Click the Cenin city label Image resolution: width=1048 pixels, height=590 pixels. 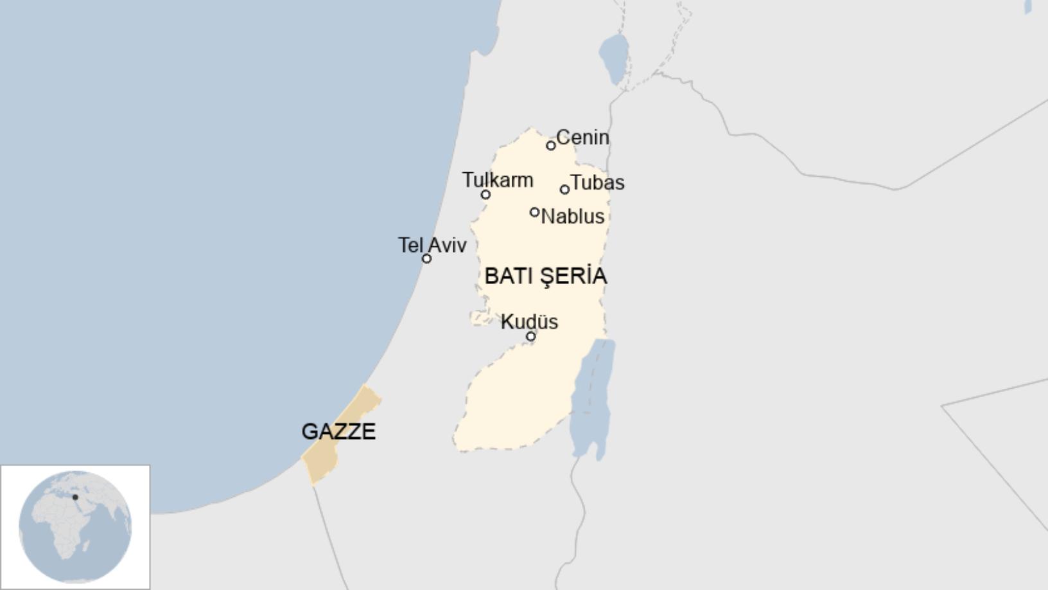coord(582,137)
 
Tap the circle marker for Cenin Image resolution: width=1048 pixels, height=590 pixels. coord(551,146)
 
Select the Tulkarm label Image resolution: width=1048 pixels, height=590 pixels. coord(498,180)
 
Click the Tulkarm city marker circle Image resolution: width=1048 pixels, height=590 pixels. coord(485,195)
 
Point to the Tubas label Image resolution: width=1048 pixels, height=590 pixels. coord(597,183)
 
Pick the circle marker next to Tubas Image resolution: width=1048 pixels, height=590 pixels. coord(564,190)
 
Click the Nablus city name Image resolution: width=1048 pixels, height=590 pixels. coord(572,217)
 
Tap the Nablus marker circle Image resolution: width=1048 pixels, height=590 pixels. coord(534,212)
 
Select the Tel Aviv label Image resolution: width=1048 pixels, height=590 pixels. coord(432,245)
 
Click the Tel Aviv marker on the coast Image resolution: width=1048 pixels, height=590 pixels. coord(426,259)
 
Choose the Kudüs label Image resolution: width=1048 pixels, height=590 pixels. coord(529,321)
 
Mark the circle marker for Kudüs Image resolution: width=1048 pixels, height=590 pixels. coord(530,336)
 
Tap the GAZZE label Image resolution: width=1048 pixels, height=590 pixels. coord(338,431)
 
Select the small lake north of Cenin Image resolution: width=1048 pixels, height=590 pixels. coord(614,58)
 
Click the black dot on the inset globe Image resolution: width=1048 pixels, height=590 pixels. coord(75,497)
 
